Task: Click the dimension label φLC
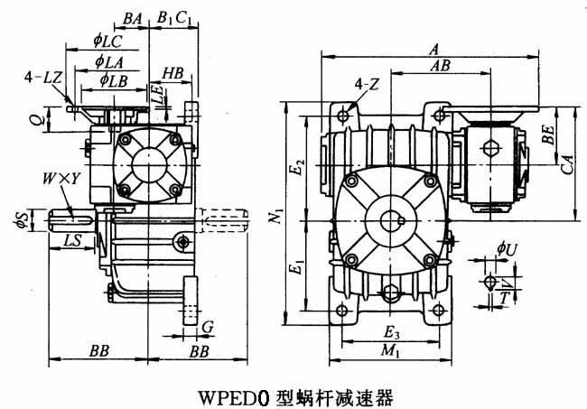(x=107, y=40)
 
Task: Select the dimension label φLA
(x=107, y=60)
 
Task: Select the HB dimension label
(x=173, y=71)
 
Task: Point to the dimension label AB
(x=441, y=67)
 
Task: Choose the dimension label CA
(x=568, y=163)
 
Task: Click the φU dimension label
(x=507, y=246)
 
